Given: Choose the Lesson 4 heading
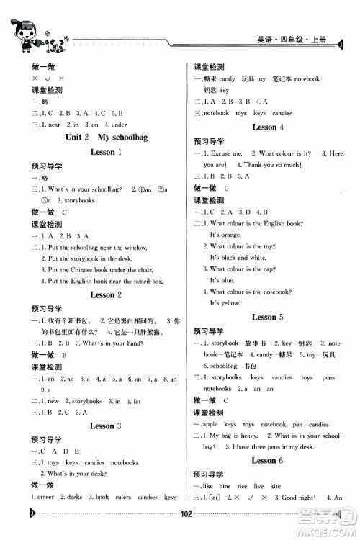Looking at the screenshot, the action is coord(268,127).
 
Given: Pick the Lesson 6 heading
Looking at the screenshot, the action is coord(268,459).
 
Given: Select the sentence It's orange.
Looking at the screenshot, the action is coord(225,235).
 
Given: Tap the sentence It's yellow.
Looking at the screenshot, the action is coord(225,303).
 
